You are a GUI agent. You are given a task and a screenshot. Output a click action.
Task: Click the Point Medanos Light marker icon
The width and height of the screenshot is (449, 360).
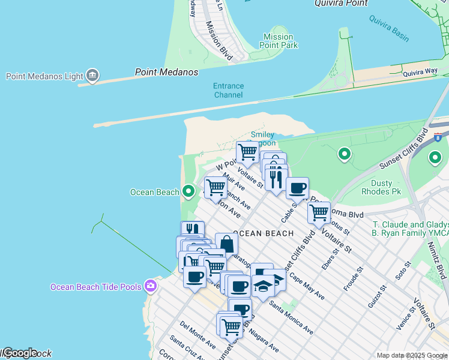[x=92, y=76]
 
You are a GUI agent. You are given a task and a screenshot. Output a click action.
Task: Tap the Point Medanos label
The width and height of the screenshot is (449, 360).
[x=166, y=72]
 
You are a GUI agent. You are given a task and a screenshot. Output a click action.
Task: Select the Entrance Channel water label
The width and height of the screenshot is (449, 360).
[x=228, y=91]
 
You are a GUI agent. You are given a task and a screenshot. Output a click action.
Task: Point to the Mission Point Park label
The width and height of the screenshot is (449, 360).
[x=280, y=41]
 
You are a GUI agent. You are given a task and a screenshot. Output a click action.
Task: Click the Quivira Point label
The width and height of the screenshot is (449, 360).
[x=340, y=4]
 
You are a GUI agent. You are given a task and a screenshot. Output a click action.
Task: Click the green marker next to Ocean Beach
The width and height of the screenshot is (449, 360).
[x=188, y=191]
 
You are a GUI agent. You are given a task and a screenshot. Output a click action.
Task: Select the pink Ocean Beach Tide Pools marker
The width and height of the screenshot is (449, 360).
[x=150, y=286]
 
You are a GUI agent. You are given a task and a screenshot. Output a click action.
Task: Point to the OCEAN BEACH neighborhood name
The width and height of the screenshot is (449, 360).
[x=264, y=233]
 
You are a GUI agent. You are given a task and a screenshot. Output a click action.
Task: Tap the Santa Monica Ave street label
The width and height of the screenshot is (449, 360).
[x=291, y=317]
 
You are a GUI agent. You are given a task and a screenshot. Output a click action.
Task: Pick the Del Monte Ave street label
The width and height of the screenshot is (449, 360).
[x=197, y=334]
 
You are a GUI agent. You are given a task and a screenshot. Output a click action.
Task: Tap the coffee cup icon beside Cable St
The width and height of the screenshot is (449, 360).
[x=297, y=188]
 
